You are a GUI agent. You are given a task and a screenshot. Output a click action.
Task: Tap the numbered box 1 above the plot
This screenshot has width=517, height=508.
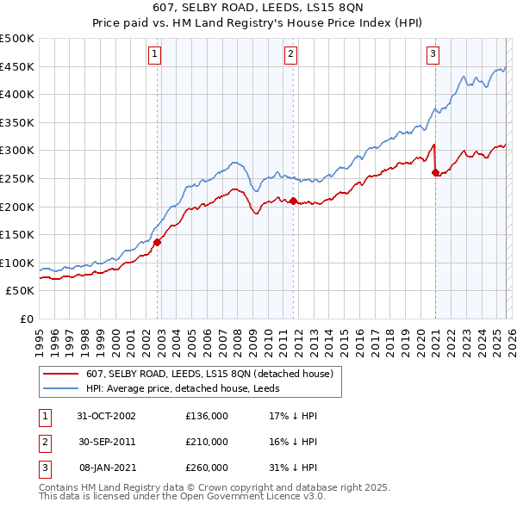click(x=154, y=54)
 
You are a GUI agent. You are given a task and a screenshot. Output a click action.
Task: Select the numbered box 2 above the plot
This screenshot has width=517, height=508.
click(x=291, y=54)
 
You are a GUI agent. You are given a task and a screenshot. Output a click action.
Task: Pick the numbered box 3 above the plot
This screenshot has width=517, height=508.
click(x=433, y=54)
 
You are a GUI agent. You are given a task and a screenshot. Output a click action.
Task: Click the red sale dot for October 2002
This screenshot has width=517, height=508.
click(x=158, y=243)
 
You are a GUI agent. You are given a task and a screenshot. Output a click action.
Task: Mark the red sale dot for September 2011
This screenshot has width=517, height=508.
click(x=293, y=201)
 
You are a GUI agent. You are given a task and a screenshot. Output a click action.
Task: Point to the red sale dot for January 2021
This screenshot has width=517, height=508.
click(x=435, y=172)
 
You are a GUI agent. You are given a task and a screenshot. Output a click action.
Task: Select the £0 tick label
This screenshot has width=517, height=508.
click(x=26, y=319)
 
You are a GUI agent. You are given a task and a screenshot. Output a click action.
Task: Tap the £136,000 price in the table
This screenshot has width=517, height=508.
click(x=207, y=415)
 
